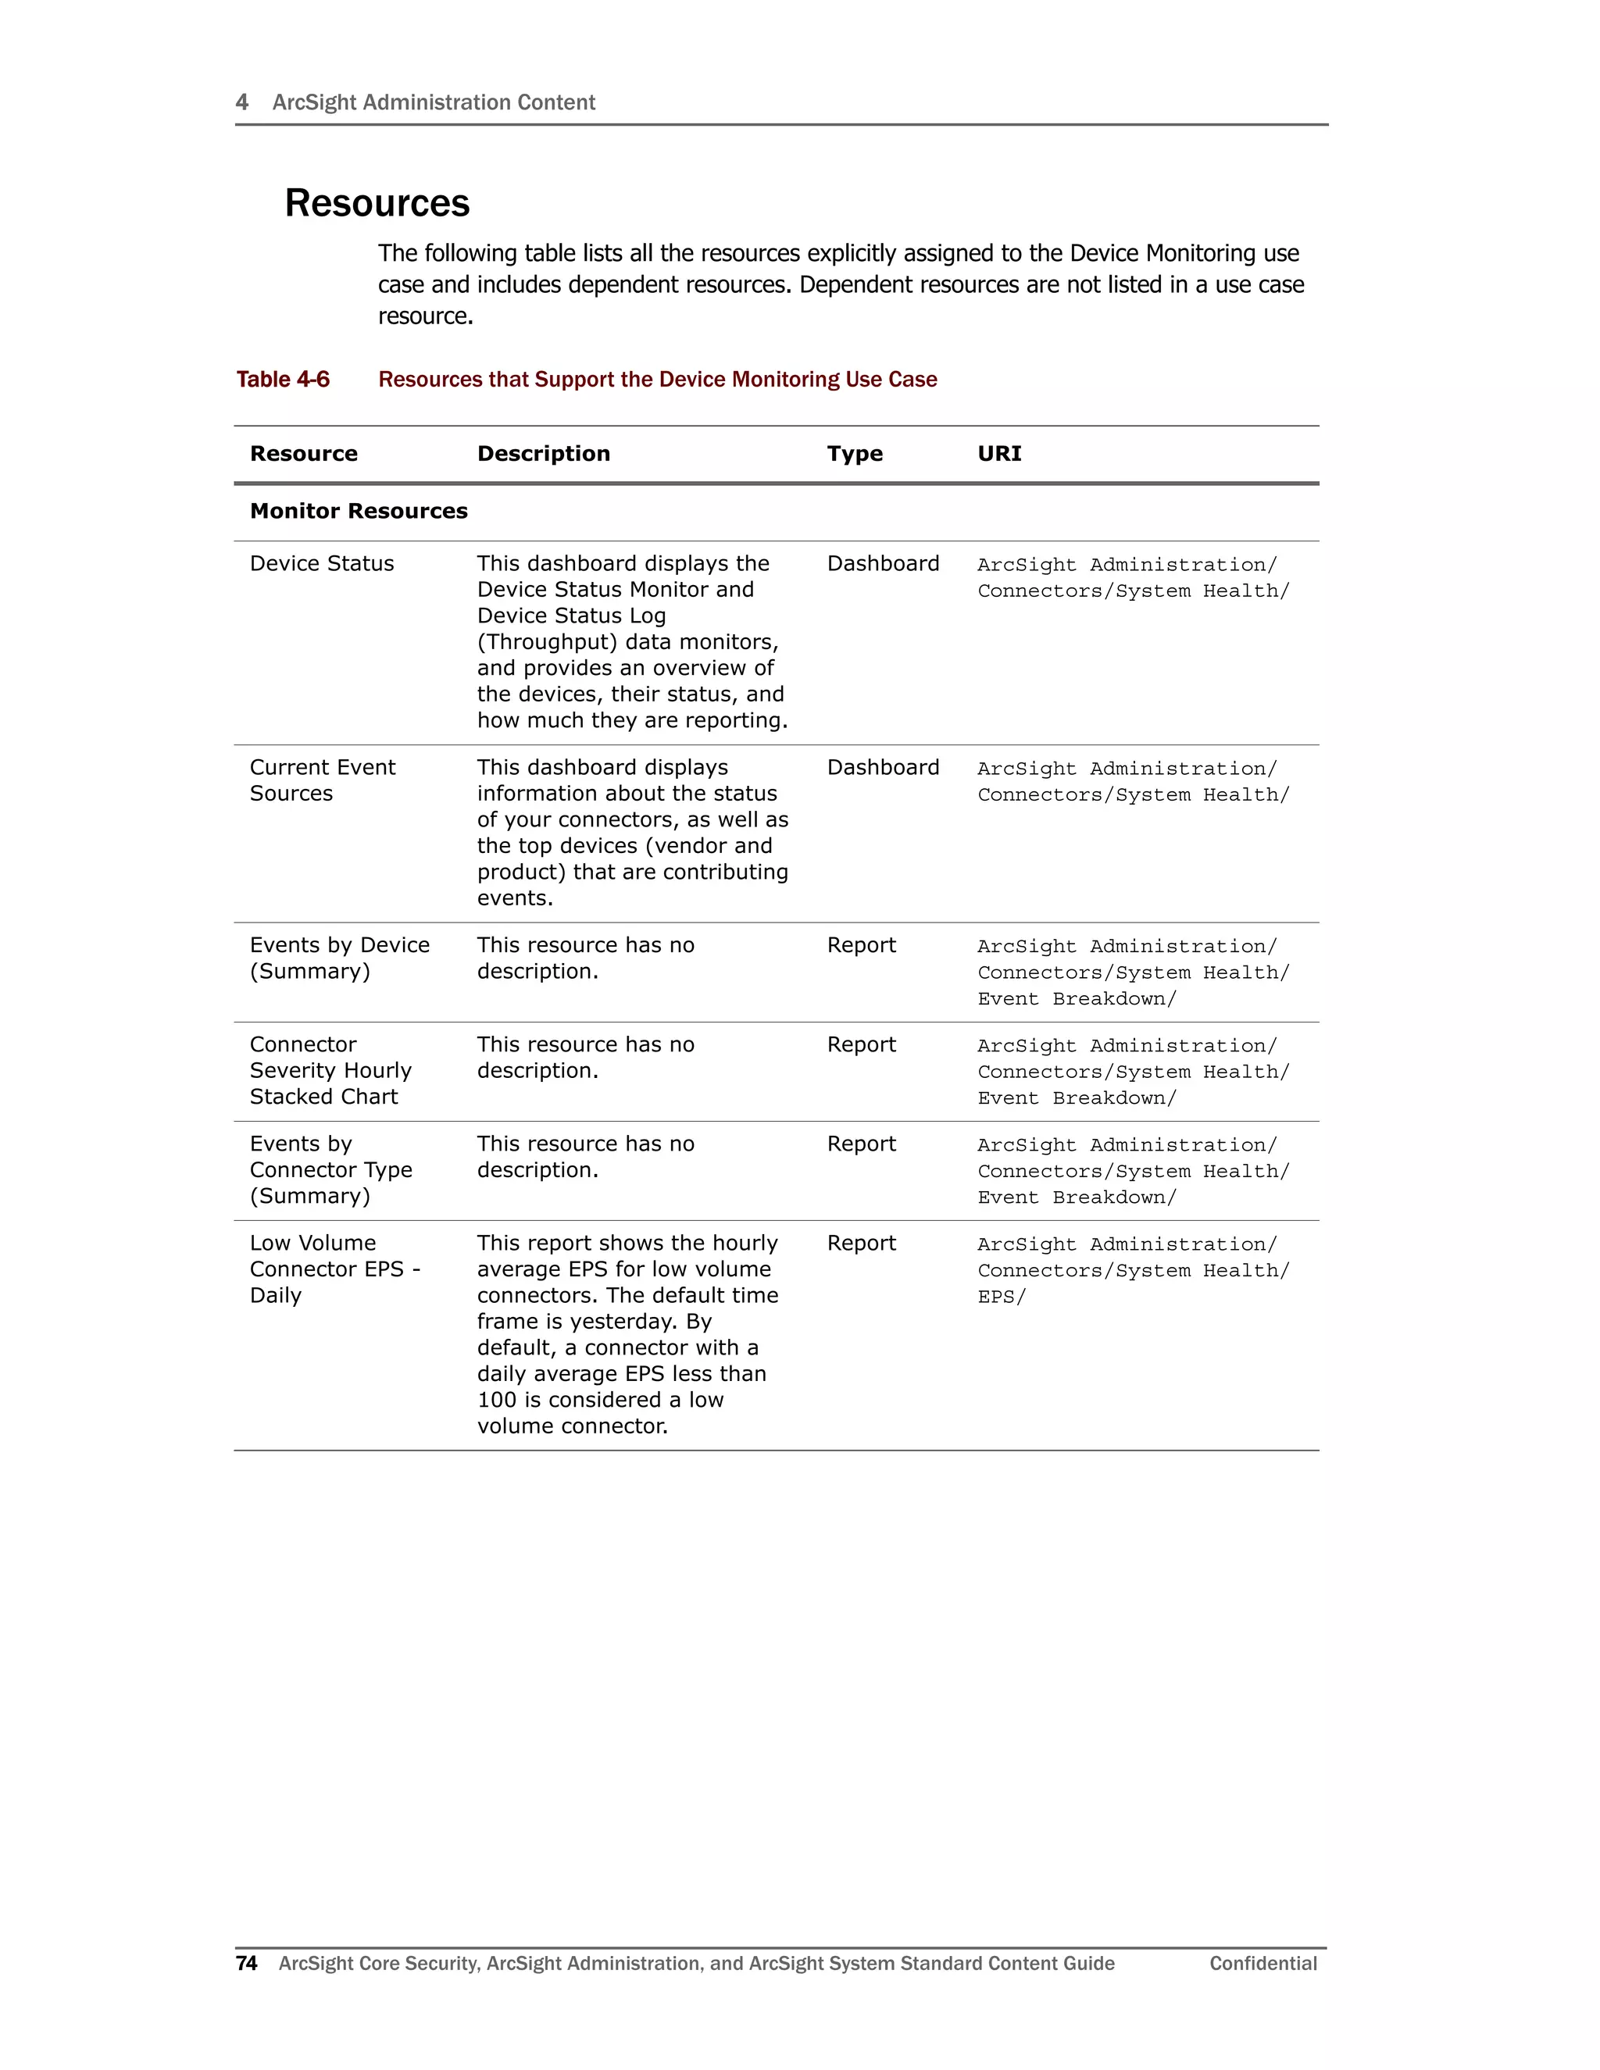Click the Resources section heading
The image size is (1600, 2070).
pyautogui.click(x=377, y=204)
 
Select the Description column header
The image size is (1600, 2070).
pyautogui.click(x=543, y=454)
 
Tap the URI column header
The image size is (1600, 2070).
pyautogui.click(x=999, y=454)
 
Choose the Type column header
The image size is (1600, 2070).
pyautogui.click(x=854, y=454)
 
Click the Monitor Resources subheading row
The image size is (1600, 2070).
pyautogui.click(x=359, y=512)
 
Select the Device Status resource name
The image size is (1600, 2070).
pyautogui.click(x=321, y=564)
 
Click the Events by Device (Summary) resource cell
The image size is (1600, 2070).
pyautogui.click(x=339, y=958)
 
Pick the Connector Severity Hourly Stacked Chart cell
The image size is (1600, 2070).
pyautogui.click(x=330, y=1070)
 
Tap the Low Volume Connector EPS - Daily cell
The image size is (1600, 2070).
pyautogui.click(x=334, y=1269)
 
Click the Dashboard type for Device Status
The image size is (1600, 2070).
pyautogui.click(x=883, y=564)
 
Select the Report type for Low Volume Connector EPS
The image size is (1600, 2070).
pyautogui.click(x=861, y=1244)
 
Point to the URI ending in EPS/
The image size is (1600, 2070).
pyautogui.click(x=1001, y=1297)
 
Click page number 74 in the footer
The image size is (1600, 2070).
pyautogui.click(x=246, y=1963)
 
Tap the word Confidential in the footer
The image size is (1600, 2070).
pyautogui.click(x=1262, y=1963)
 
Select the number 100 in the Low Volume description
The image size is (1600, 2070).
pyautogui.click(x=497, y=1400)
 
